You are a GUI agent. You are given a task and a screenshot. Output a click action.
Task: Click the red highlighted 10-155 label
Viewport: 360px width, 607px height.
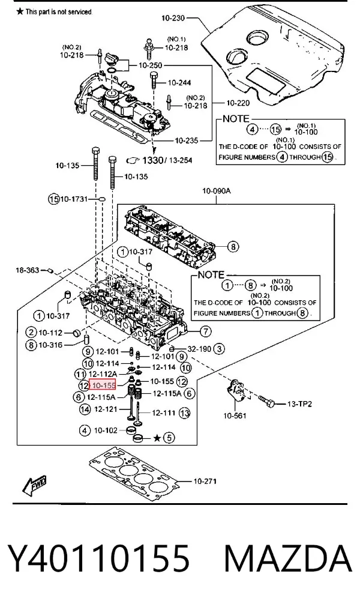tap(103, 385)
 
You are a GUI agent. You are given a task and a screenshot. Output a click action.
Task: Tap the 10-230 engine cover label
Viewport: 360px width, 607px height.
tap(173, 18)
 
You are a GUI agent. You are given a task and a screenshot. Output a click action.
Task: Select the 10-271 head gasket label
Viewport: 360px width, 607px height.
tap(205, 481)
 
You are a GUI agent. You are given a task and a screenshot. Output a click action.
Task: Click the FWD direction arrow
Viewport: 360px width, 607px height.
tap(34, 486)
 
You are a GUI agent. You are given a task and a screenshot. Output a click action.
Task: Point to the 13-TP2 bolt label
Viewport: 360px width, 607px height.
tap(299, 403)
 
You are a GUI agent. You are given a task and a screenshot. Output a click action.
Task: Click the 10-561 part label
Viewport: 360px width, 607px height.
tap(235, 415)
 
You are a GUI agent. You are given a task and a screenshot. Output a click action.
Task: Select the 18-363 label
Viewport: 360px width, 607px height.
tap(28, 270)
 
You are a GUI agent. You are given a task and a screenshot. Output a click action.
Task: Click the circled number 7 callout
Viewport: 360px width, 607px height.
tap(206, 331)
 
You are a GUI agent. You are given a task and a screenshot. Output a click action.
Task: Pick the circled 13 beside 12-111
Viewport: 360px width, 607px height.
tap(185, 413)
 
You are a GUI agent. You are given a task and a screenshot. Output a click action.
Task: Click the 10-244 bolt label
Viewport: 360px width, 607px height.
tap(179, 82)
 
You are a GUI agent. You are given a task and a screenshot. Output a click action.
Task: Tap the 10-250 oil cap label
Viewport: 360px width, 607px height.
tap(151, 65)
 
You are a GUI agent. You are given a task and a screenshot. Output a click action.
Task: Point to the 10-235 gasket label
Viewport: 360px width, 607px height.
tap(187, 140)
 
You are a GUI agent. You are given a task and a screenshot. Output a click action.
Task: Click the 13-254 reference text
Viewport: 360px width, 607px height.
tap(180, 160)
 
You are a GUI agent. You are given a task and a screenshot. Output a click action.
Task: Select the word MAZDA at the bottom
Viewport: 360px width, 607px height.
tap(288, 558)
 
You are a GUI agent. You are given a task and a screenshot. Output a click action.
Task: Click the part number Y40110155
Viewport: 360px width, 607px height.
tap(98, 558)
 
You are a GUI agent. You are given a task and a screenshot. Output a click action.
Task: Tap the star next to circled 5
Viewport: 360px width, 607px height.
tap(157, 438)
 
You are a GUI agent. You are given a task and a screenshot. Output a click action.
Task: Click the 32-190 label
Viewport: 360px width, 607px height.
tap(200, 349)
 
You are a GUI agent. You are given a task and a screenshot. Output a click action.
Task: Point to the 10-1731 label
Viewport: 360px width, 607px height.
tap(74, 199)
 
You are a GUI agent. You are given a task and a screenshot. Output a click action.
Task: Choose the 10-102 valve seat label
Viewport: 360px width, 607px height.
tap(106, 430)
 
